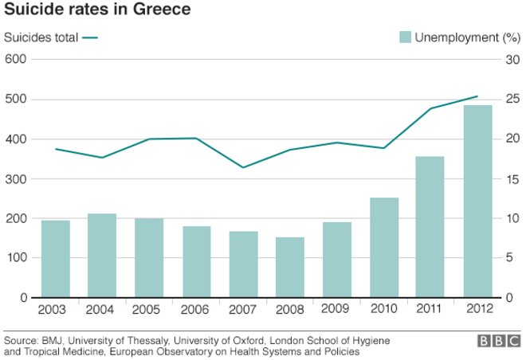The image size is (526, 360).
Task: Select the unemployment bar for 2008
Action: (290, 267)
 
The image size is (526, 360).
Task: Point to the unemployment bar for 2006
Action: (196, 261)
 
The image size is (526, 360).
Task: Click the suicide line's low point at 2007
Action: (243, 167)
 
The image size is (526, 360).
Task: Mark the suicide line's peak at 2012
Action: (477, 96)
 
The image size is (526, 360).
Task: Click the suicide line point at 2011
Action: (431, 108)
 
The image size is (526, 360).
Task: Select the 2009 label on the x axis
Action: (337, 310)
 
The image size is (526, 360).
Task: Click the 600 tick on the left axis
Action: (16, 59)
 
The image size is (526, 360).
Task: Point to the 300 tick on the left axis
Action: (16, 178)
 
